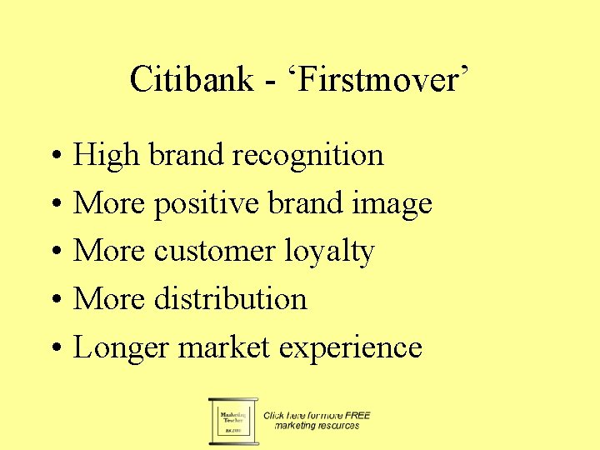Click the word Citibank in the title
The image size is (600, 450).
192,80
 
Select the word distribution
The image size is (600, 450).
231,299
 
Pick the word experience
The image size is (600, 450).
351,347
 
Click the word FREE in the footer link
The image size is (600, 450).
357,415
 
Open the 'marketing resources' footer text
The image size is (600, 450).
317,426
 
